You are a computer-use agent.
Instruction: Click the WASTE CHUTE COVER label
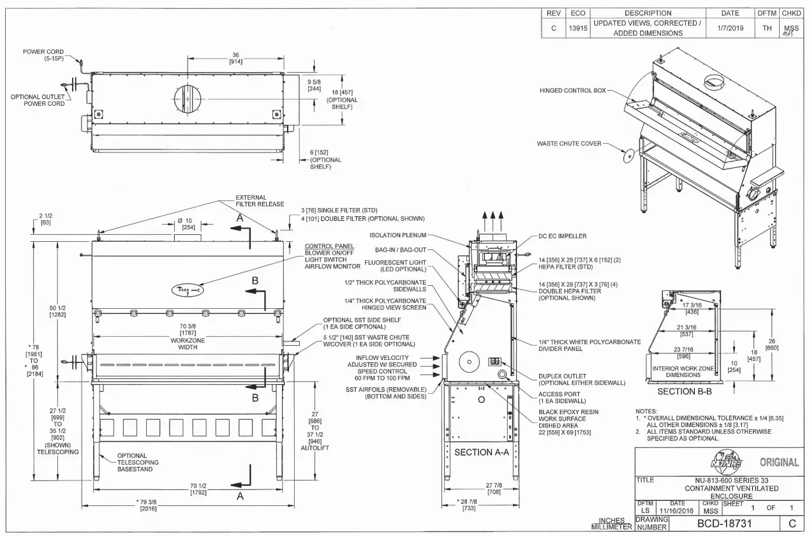(568, 144)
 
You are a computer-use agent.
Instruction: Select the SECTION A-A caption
(482, 452)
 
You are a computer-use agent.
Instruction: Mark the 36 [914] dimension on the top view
(235, 57)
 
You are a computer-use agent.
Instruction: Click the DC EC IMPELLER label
(563, 236)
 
